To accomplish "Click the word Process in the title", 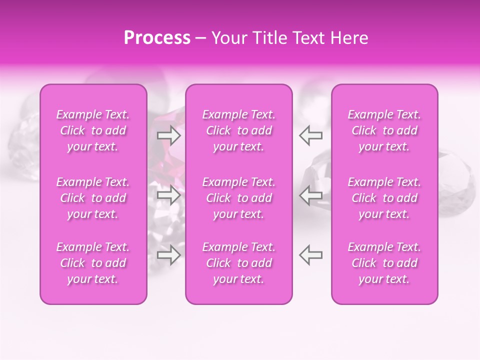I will point(157,38).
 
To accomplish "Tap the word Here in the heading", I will point(348,38).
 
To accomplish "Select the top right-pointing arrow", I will point(168,134).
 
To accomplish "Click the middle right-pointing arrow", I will point(168,195).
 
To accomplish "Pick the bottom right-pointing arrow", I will point(168,255).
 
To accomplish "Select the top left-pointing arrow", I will point(310,134).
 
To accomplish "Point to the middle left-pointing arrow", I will point(310,195).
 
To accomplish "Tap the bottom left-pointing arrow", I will point(310,255).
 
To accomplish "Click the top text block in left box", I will point(93,130).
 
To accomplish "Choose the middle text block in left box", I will point(93,198).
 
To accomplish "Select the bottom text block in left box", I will point(93,263).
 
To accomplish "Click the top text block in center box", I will point(238,130).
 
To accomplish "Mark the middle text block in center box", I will point(238,198).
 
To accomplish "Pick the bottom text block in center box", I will point(238,263).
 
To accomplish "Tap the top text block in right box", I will point(384,130).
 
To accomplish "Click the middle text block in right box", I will point(384,198).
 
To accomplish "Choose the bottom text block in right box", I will point(384,263).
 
